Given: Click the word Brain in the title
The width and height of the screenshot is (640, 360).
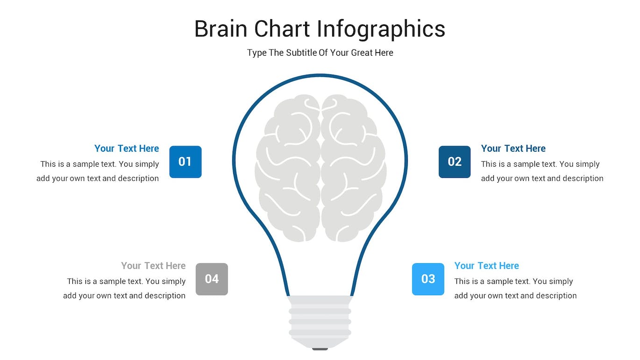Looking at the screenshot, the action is [220, 29].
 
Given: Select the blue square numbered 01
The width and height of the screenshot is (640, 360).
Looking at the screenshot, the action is [185, 162].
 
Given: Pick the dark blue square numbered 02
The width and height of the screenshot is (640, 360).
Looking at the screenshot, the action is [455, 162].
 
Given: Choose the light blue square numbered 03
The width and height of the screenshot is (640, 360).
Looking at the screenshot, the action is [428, 279].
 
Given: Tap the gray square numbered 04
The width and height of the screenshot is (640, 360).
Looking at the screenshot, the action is [212, 279].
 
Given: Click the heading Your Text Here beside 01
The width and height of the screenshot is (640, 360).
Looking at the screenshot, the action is [127, 148].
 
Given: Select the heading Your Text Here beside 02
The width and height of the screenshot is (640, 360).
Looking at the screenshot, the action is [513, 148].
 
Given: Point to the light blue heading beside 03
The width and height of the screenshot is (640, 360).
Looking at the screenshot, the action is [487, 266].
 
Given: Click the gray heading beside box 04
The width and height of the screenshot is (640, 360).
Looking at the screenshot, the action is [153, 266].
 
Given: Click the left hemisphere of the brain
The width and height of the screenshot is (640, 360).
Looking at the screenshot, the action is [287, 168].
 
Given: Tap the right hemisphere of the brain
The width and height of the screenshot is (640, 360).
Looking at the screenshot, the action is [354, 168].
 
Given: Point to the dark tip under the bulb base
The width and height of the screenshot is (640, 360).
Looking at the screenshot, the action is [320, 349].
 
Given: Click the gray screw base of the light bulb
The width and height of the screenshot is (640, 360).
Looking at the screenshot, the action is [320, 322].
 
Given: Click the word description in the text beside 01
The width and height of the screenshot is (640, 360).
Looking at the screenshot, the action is [138, 178].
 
